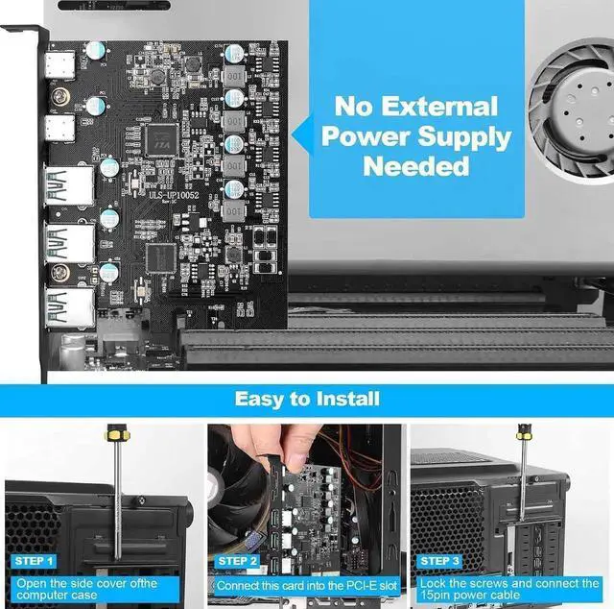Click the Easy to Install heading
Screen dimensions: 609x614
(x=307, y=398)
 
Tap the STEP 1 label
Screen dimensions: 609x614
(x=35, y=560)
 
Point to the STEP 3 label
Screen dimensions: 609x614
(x=441, y=560)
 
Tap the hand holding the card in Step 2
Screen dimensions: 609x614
(x=259, y=452)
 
